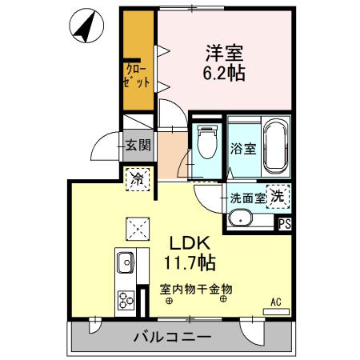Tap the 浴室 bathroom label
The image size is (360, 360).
[242, 148]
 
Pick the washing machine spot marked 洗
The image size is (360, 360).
[278, 195]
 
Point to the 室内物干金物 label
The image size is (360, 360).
[195, 288]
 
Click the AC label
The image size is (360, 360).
[275, 302]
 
